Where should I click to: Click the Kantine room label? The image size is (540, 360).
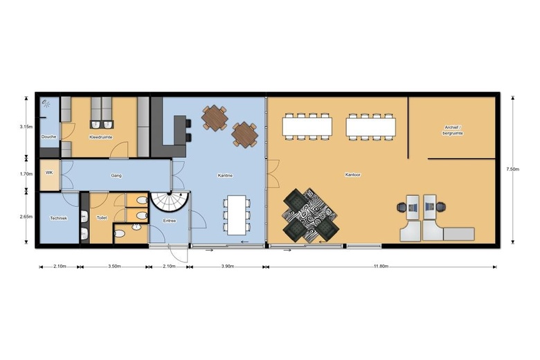coord(224,175)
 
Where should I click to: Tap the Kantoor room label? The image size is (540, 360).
coord(352,174)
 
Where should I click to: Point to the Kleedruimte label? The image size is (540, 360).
coord(101,137)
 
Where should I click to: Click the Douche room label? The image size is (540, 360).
coord(48,137)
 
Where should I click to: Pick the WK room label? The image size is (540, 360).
coord(49,172)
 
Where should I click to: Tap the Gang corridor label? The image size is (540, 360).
coord(116,175)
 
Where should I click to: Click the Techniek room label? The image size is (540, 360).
coord(58,218)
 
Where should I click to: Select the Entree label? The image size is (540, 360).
coord(170,221)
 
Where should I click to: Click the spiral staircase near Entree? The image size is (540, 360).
coord(170,202)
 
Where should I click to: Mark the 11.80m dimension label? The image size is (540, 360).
coord(381,267)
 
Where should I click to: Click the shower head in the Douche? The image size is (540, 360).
coord(46,104)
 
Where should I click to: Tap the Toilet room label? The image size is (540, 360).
coord(102,217)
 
